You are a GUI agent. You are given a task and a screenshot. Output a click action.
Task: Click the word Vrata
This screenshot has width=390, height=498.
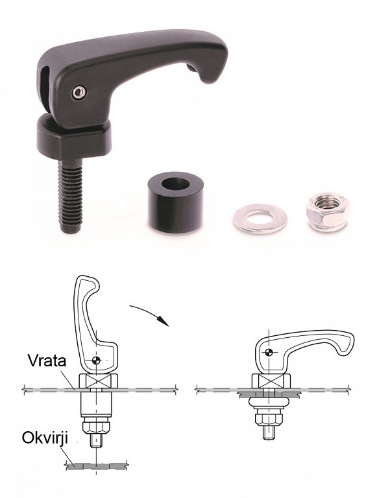[47, 361]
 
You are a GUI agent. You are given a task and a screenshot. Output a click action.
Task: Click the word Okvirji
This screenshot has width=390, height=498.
[45, 438]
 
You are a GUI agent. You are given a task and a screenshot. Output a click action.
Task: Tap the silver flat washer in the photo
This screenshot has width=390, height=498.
[260, 219]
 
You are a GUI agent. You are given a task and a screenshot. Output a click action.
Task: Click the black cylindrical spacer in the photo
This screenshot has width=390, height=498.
[175, 202]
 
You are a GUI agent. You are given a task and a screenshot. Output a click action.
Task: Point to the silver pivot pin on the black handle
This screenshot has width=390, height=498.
[79, 93]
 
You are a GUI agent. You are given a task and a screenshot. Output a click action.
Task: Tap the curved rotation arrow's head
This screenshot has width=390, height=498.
[164, 321]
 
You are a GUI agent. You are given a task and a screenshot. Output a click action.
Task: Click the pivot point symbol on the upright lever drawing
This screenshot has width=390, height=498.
[96, 360]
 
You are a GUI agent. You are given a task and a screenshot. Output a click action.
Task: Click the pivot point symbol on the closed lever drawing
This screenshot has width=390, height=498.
[269, 352]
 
